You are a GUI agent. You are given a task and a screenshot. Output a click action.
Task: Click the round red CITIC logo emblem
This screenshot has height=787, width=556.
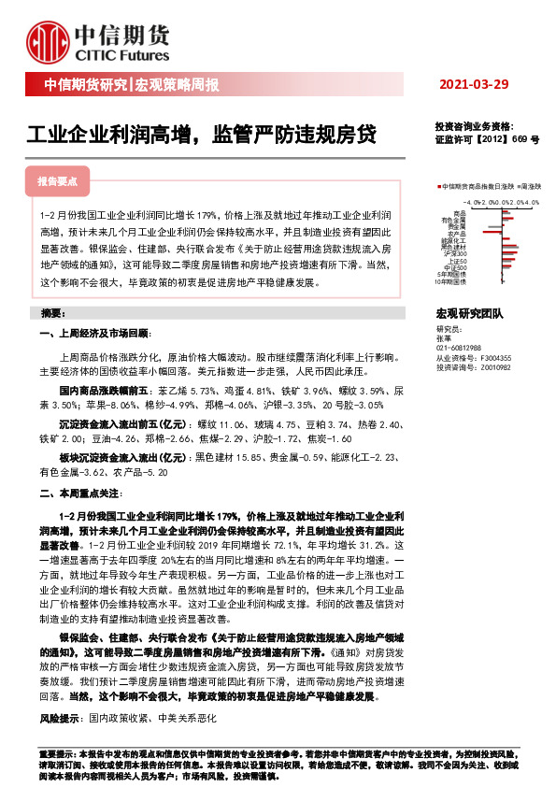tap(48, 38)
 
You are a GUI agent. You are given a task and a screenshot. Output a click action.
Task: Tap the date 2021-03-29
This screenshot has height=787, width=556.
tap(475, 85)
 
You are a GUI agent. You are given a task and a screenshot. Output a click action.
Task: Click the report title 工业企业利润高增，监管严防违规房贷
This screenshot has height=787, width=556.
tap(201, 134)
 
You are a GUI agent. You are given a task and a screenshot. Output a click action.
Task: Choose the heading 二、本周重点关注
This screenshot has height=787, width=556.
tap(79, 494)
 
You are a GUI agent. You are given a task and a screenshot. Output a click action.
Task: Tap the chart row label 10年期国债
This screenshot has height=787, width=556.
tap(452, 282)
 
